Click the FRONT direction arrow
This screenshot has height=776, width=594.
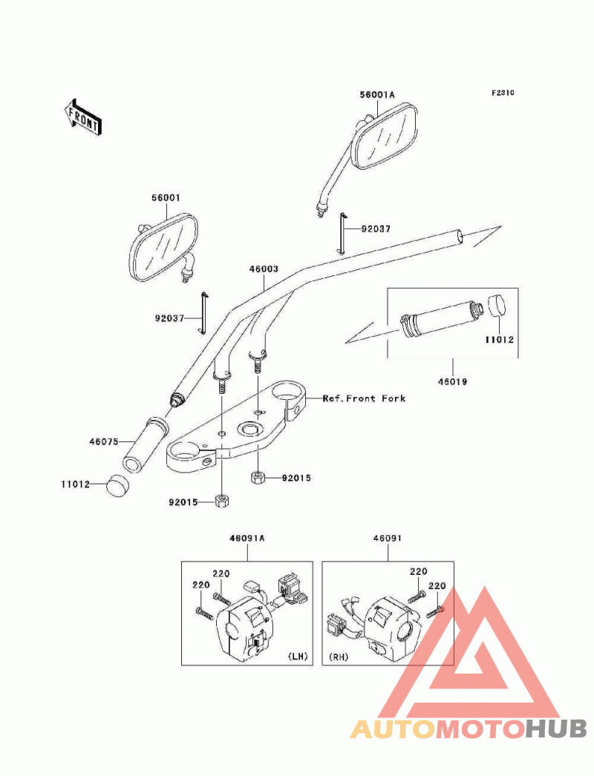pyautogui.click(x=82, y=117)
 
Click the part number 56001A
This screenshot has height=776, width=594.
pyautogui.click(x=377, y=94)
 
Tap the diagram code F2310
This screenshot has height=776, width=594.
pyautogui.click(x=503, y=93)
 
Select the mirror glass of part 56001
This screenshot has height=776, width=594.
pyautogui.click(x=163, y=246)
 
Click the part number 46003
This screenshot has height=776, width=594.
pyautogui.click(x=264, y=269)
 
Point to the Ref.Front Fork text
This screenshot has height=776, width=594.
pyautogui.click(x=364, y=398)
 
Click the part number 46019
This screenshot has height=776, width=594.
pyautogui.click(x=453, y=381)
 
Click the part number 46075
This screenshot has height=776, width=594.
pyautogui.click(x=104, y=441)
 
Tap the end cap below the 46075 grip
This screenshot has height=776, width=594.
pyautogui.click(x=117, y=485)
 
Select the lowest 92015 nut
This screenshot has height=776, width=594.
pyautogui.click(x=222, y=501)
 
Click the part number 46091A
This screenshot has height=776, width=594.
pyautogui.click(x=247, y=538)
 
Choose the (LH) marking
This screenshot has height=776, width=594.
pyautogui.click(x=298, y=657)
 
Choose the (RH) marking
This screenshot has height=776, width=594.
pyautogui.click(x=339, y=657)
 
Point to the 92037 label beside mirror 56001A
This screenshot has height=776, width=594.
pyautogui.click(x=376, y=228)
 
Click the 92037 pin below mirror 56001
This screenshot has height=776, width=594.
pyautogui.click(x=203, y=313)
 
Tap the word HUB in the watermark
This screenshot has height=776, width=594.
pyautogui.click(x=556, y=729)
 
